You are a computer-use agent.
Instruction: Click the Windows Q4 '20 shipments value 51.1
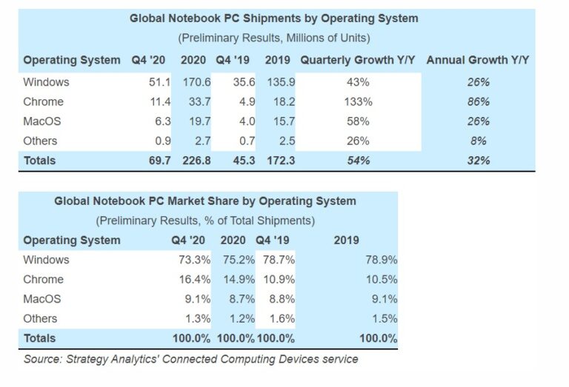pos(162,82)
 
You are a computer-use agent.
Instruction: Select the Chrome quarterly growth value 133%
pos(359,101)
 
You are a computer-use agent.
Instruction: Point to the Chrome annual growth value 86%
pos(479,101)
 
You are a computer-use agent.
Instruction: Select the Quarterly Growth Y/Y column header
pos(359,60)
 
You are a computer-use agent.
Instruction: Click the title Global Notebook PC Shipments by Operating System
pos(273,18)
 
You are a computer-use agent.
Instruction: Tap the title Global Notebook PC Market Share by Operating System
pos(205,201)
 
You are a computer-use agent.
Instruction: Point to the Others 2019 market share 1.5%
pos(382,319)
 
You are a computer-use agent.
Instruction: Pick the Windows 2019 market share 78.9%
pos(381,260)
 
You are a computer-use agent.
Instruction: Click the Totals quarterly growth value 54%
pos(359,160)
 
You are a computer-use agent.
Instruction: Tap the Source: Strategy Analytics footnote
pos(191,360)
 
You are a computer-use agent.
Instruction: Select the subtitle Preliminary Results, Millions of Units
pos(274,38)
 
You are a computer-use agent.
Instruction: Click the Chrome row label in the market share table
pos(44,280)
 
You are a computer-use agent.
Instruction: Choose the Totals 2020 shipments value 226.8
pos(193,160)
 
